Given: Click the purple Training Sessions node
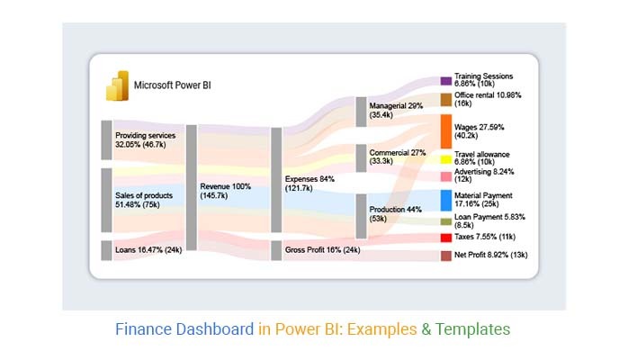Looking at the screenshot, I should click(x=445, y=81).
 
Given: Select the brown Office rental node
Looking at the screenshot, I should click(x=445, y=99).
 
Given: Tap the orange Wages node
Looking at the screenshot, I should click(x=445, y=130).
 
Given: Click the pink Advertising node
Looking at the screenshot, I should click(x=445, y=175).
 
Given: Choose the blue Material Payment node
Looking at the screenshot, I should click(x=445, y=200).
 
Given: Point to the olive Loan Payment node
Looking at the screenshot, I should click(x=445, y=221).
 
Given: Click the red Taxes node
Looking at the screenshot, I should click(x=445, y=238).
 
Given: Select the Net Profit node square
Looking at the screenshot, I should click(x=445, y=256).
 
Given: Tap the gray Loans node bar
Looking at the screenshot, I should click(x=106, y=249).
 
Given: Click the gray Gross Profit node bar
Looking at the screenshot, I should click(x=276, y=249).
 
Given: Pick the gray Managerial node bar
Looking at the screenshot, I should click(x=362, y=111).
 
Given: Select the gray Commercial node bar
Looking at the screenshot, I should click(x=362, y=157).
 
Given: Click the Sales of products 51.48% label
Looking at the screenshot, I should click(x=144, y=199).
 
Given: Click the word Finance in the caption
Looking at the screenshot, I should click(x=141, y=329).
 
